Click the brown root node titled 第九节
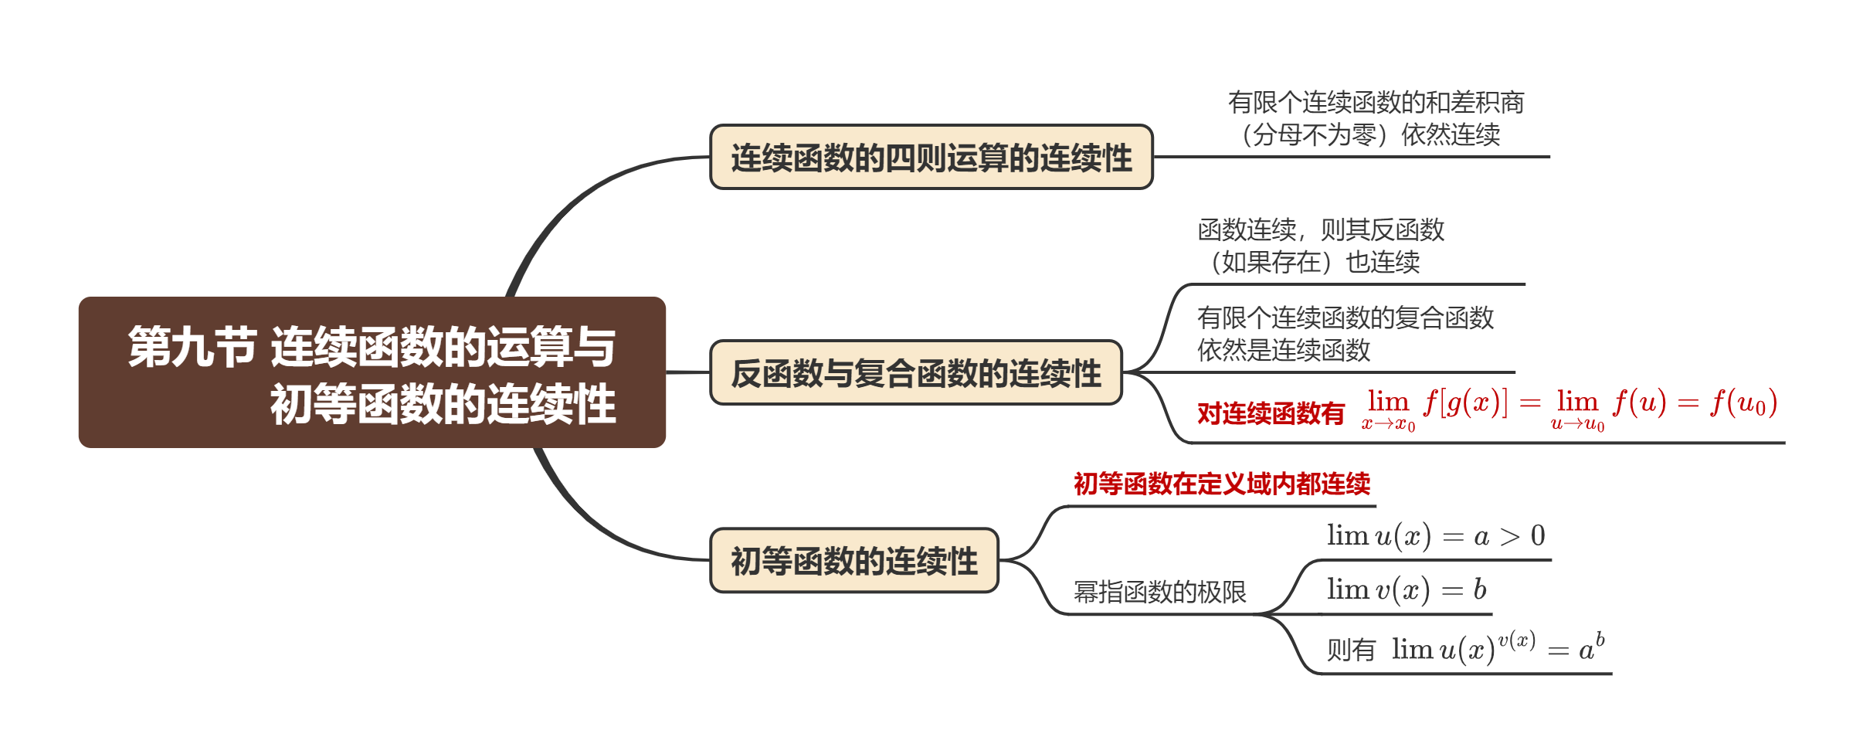coord(372,372)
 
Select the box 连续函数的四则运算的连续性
coord(931,158)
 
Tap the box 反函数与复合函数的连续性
coord(915,373)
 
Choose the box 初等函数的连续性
coord(853,561)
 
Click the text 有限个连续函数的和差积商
coord(1376,102)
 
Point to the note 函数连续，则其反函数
coord(1321,229)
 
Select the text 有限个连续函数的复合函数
coord(1345,318)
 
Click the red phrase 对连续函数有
coord(1271,413)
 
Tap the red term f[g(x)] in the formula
coord(1465,402)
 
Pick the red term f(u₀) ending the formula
coord(1743,402)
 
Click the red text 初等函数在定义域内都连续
coord(1221,484)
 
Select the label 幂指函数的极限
coord(1159,592)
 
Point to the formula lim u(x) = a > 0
coord(1435,535)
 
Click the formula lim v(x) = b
coord(1406,589)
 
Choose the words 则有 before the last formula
coord(1351,650)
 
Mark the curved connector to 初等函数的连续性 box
coord(587,525)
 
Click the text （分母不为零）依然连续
coord(1371,134)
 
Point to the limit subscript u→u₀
coord(1577,424)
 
